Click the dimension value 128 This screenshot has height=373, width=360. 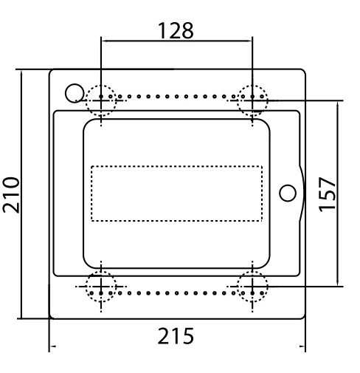tap(176, 30)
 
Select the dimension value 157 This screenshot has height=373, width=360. tap(328, 194)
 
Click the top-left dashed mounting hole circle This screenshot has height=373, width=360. tap(101, 100)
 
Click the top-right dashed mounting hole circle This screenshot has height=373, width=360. tap(252, 100)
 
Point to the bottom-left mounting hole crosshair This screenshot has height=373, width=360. tap(101, 286)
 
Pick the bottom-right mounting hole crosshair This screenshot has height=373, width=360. tap(252, 286)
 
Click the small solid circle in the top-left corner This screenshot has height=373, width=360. tap(75, 92)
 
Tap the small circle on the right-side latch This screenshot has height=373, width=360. tap(288, 192)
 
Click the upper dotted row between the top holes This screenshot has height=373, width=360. tap(177, 96)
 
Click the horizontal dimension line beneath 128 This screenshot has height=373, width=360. tap(176, 42)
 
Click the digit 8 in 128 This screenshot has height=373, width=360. tap(188, 30)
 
